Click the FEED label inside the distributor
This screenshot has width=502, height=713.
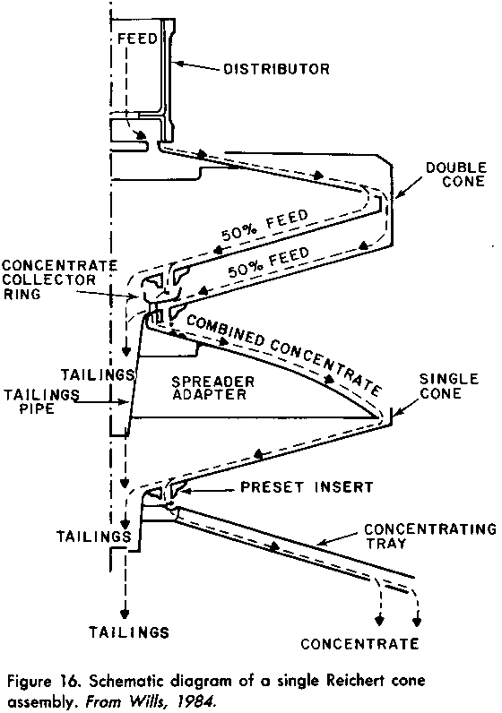click(x=137, y=39)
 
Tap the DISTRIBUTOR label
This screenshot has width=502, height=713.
click(x=276, y=69)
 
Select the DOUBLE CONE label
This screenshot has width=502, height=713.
click(x=456, y=175)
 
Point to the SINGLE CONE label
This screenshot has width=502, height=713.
click(x=449, y=386)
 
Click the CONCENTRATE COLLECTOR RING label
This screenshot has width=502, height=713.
click(x=60, y=279)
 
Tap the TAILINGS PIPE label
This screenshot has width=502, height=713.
click(x=41, y=401)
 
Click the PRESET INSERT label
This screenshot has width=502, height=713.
click(x=307, y=487)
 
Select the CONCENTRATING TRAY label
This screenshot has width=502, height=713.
click(x=430, y=537)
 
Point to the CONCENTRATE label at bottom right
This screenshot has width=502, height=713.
click(x=359, y=643)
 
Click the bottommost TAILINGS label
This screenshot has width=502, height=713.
click(x=129, y=632)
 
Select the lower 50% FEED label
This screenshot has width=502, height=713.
click(x=269, y=262)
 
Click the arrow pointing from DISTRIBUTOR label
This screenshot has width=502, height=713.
click(x=198, y=66)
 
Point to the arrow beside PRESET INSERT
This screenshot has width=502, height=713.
click(x=209, y=491)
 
